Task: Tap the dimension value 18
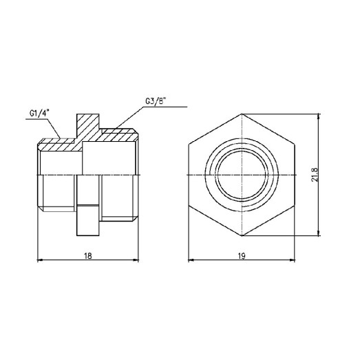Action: (x=87, y=255)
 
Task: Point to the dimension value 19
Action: (x=242, y=255)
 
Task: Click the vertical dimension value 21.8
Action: (x=314, y=174)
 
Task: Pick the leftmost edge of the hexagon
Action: (x=189, y=174)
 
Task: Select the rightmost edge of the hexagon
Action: (x=295, y=174)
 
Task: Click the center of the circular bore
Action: (x=242, y=174)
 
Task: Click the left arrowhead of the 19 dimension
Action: (x=192, y=261)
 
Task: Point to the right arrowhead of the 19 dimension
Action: (x=293, y=261)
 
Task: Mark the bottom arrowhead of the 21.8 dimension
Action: (x=319, y=232)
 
